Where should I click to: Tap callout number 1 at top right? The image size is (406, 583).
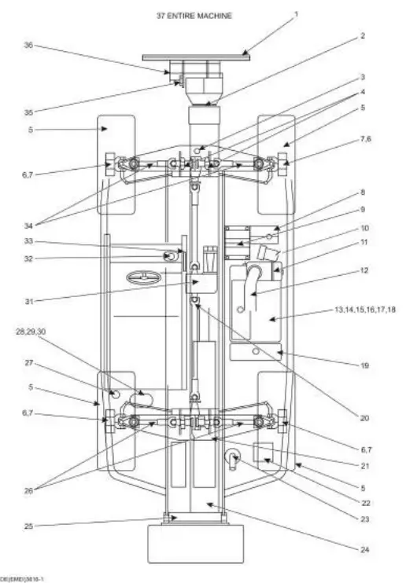(296, 13)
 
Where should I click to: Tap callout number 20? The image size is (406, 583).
(364, 418)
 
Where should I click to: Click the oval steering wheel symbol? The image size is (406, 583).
(146, 278)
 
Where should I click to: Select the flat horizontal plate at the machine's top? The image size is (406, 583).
(196, 56)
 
